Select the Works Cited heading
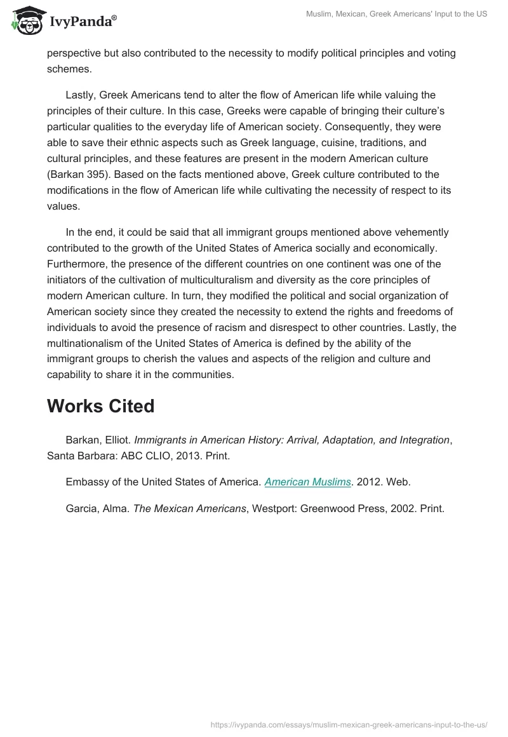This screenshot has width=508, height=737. click(x=100, y=406)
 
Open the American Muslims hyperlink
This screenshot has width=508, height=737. click(x=307, y=482)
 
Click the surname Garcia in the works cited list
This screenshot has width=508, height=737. click(x=81, y=508)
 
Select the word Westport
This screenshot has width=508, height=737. click(x=275, y=508)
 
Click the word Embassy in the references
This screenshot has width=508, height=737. click(x=86, y=482)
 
